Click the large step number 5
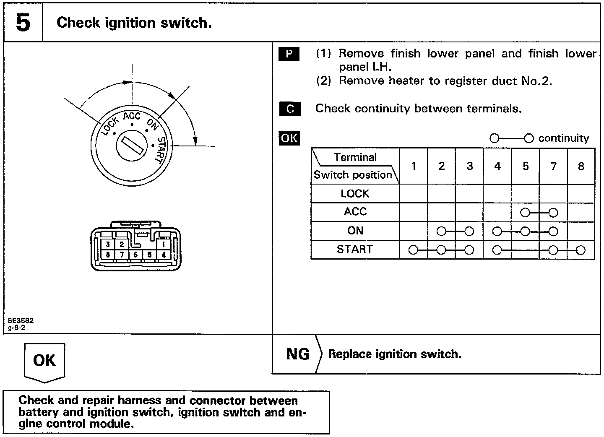click(23, 23)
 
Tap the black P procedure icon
click(289, 54)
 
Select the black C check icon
click(290, 109)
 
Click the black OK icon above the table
click(289, 138)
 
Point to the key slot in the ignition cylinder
click(132, 147)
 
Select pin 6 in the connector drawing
click(135, 254)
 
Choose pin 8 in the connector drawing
click(108, 254)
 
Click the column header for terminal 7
click(553, 166)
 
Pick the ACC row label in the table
click(355, 212)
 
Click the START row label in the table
click(354, 250)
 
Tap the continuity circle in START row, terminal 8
click(581, 250)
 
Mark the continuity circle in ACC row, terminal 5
click(525, 213)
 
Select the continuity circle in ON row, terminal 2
click(441, 231)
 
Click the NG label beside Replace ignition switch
click(297, 354)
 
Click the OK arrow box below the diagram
click(44, 361)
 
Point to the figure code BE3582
click(21, 320)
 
